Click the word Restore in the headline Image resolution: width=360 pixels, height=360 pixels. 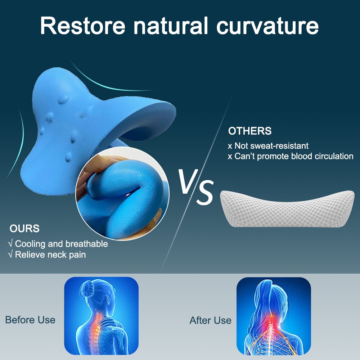point(83,26)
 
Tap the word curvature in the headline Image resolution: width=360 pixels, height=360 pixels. point(267,26)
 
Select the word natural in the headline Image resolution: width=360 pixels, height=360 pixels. point(171,26)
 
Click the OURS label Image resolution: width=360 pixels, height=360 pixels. point(24,229)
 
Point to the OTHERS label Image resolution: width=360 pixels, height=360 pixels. point(250,131)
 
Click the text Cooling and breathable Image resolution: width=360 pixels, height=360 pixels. point(61,244)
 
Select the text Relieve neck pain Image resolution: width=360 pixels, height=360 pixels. point(50,255)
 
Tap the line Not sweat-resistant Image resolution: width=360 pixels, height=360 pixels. point(271,146)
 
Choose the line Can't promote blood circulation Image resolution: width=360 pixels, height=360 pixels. point(294,156)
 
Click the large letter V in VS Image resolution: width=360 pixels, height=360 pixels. point(188,181)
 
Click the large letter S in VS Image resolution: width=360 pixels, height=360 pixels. point(205,192)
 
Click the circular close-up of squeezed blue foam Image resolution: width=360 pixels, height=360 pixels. point(122,193)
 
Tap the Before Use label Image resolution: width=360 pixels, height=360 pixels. point(30,320)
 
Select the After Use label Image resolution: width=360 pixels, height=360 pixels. point(211,320)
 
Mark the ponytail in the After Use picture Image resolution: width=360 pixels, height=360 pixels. point(264,298)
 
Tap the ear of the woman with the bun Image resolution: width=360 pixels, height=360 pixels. point(107,299)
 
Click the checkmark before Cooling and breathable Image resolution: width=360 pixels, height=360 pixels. point(10,243)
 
